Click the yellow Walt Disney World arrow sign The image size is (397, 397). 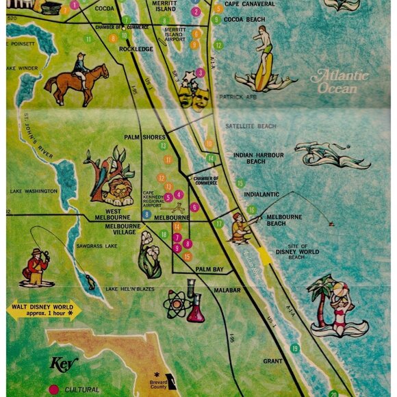44,309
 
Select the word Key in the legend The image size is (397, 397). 64,363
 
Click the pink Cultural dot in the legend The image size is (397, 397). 53,389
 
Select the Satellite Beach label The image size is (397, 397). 251,126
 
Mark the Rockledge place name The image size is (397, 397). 136,49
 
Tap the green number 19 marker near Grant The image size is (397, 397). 295,348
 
